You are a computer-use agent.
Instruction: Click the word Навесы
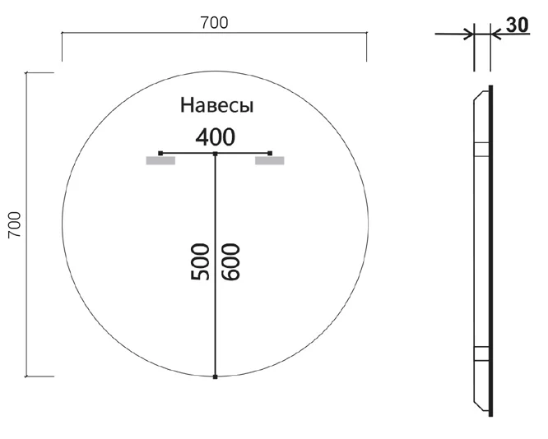[x=216, y=104]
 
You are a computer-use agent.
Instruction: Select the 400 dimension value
[x=216, y=137]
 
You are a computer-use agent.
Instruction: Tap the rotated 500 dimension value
[x=200, y=262]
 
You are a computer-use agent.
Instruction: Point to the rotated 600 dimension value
[x=230, y=262]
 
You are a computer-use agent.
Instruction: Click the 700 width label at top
[x=214, y=23]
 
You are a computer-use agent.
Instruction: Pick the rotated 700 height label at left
[x=15, y=224]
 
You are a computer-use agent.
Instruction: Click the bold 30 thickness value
[x=518, y=25]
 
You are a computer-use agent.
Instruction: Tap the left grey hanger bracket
[x=160, y=160]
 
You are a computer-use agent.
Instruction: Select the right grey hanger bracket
[x=269, y=160]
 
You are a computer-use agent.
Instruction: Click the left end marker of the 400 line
[x=160, y=153]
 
